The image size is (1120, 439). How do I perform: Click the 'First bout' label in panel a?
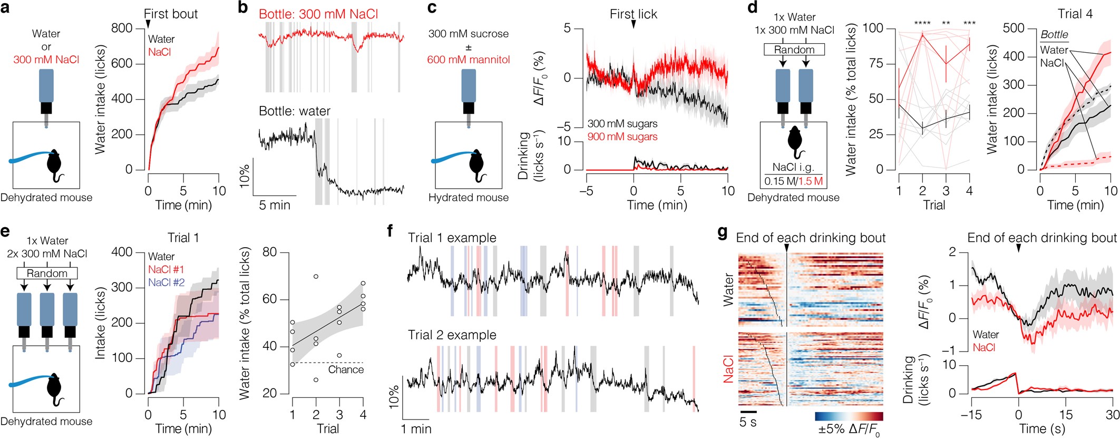[x=171, y=14]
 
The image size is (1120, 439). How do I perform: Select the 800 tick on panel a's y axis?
[x=122, y=28]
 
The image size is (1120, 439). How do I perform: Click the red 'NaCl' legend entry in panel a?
[x=159, y=52]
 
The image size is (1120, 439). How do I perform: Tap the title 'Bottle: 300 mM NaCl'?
[x=318, y=14]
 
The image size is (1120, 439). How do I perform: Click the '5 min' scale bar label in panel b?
[x=275, y=206]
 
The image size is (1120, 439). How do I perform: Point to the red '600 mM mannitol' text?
[x=468, y=60]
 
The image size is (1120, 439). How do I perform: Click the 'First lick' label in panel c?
[x=634, y=14]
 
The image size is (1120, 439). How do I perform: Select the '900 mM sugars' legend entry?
[x=622, y=137]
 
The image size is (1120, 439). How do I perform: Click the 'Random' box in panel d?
[x=794, y=50]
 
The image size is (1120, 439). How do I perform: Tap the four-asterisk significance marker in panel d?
[x=922, y=24]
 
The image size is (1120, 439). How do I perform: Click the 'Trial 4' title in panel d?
[x=1075, y=14]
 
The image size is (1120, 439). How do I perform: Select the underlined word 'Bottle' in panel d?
[x=1054, y=35]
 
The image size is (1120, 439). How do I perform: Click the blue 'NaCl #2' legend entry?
[x=166, y=283]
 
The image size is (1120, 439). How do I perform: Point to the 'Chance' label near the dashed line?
[x=346, y=370]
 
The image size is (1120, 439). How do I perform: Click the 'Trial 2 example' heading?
[x=452, y=335]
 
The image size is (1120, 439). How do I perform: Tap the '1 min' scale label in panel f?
[x=416, y=430]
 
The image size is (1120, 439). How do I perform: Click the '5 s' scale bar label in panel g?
[x=748, y=422]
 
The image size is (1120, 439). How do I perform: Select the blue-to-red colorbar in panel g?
[x=849, y=416]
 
